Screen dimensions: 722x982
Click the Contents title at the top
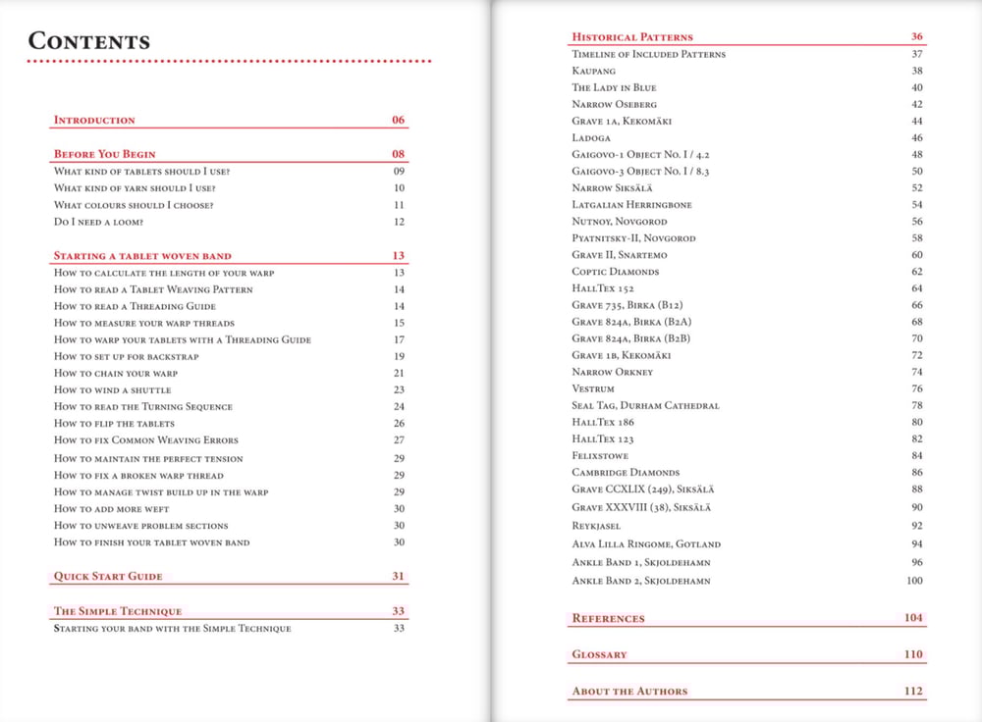pos(89,41)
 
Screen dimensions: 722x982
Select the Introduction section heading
pos(94,120)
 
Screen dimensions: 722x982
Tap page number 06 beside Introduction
pos(398,120)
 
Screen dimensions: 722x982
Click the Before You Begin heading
pos(104,154)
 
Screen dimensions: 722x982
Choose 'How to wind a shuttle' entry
pos(112,389)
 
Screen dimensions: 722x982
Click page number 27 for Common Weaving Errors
pos(399,440)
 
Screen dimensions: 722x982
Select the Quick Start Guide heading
pos(108,576)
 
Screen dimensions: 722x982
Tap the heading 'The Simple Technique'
pos(117,611)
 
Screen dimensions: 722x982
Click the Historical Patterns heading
pos(632,37)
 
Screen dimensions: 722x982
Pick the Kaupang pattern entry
pos(594,71)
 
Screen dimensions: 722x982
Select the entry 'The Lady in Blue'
pos(614,87)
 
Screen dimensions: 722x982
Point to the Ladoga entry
pos(591,137)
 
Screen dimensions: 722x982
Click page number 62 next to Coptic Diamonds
pos(916,272)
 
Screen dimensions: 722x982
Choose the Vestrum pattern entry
pos(593,388)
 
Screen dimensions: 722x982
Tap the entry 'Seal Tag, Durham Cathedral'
pos(645,405)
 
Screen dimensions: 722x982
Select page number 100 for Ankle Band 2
pos(914,581)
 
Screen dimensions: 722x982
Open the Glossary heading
pos(599,654)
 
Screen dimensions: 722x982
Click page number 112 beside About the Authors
pos(913,691)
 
